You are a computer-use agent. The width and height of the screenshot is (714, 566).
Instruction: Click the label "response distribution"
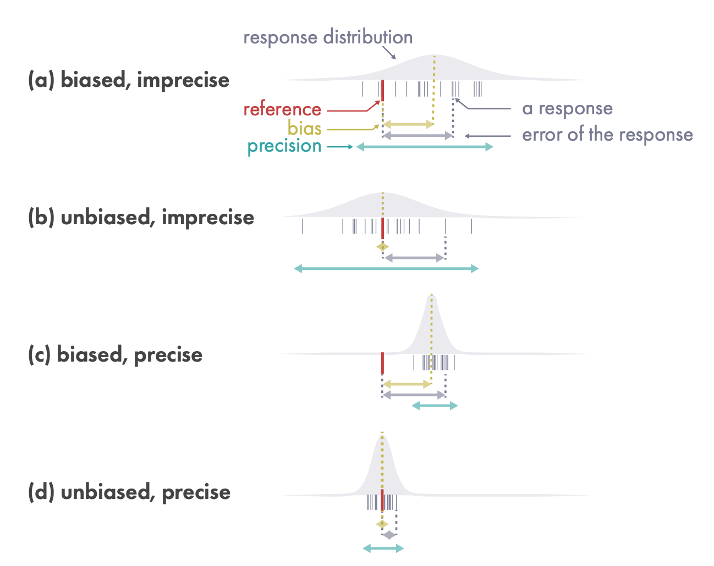[328, 38]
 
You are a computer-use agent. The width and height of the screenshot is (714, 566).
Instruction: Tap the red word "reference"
[282, 109]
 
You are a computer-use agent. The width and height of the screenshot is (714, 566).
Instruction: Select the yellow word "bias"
[304, 129]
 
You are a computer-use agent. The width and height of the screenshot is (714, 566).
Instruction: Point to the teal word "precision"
[284, 146]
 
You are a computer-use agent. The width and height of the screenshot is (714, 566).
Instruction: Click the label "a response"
[567, 109]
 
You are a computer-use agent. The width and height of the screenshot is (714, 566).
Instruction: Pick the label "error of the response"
[607, 135]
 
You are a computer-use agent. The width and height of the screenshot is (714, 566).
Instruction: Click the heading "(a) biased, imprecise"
[129, 80]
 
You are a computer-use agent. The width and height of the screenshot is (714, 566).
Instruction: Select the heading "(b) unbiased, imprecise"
[141, 218]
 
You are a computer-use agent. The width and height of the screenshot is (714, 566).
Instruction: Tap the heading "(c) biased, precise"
[115, 355]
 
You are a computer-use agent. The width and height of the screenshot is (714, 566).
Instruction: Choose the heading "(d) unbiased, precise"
[129, 492]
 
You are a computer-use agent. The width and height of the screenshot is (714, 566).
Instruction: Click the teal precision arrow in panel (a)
[425, 147]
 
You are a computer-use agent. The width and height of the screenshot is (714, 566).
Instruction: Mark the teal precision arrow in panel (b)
[387, 268]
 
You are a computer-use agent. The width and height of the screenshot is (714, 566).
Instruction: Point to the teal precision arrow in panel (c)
[435, 406]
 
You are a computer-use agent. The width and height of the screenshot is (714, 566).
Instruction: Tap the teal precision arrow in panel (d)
[383, 548]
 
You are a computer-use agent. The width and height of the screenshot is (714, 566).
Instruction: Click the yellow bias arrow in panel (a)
[408, 125]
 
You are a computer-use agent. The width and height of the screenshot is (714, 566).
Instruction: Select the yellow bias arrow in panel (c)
[407, 384]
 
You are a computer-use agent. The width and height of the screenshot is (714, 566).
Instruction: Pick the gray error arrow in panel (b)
[414, 257]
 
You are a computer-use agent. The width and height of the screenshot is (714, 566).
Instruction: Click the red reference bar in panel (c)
[382, 363]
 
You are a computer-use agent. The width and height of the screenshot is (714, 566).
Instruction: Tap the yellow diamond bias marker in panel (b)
[383, 247]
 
